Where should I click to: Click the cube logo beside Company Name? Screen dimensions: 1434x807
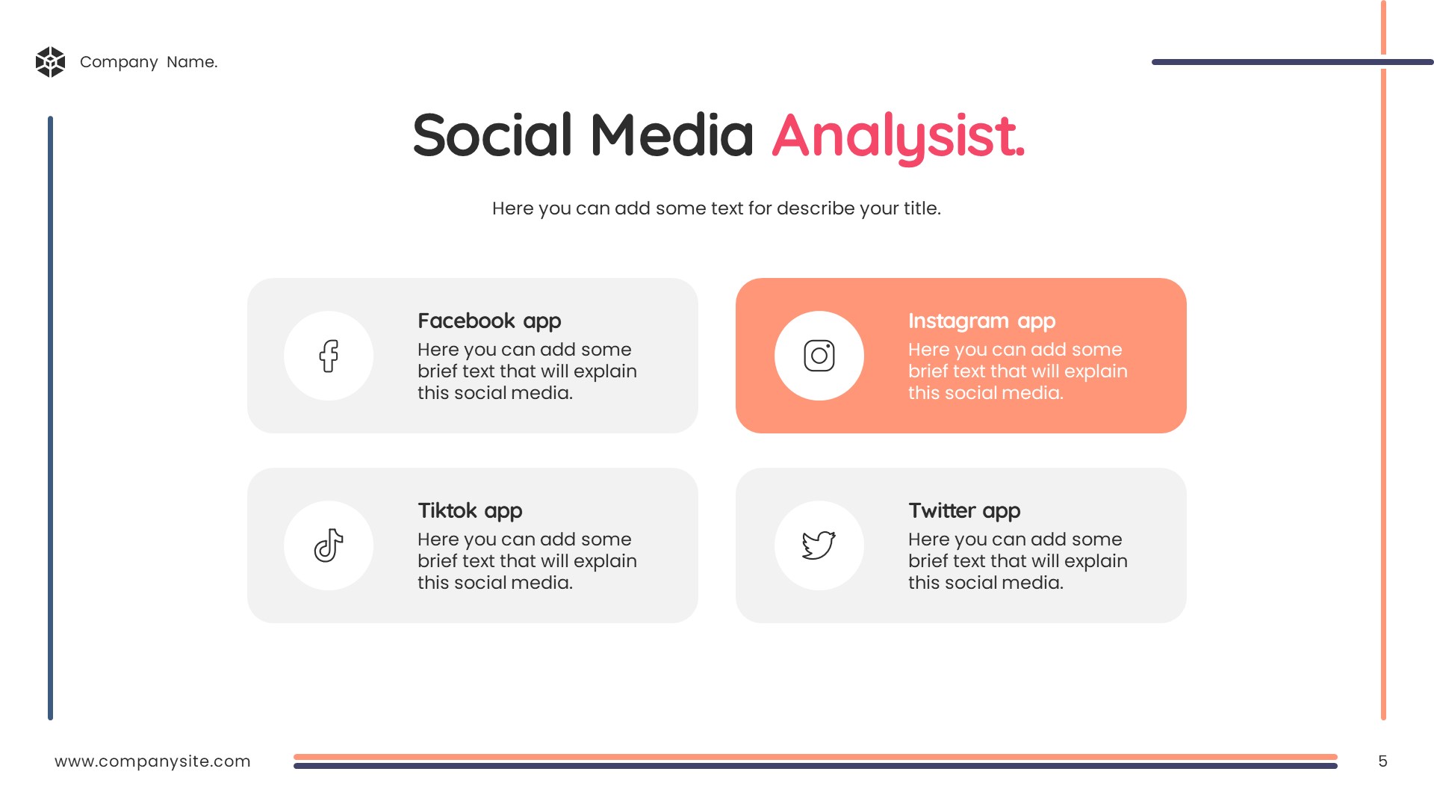pos(50,62)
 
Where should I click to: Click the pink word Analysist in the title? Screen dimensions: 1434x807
pos(898,137)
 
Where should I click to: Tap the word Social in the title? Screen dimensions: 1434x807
pos(492,135)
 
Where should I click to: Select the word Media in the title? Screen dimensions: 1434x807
pos(672,135)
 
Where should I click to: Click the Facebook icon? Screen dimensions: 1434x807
pos(329,356)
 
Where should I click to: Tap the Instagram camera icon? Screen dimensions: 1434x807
pos(819,356)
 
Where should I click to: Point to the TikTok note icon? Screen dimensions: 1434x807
pos(329,545)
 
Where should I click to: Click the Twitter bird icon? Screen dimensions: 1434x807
pos(819,545)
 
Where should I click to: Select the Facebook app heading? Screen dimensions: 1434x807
pos(489,321)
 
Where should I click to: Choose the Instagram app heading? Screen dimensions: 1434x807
pos(981,321)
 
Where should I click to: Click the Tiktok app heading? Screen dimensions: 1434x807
pos(470,511)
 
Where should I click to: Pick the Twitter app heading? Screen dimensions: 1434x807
pos(964,511)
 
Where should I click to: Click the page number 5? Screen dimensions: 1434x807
pos(1382,761)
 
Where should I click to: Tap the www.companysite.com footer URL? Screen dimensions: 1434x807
pos(152,761)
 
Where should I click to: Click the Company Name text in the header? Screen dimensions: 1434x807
pos(149,62)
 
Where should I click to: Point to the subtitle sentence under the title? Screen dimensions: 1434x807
pos(716,208)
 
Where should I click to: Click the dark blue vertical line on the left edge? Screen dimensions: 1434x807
pos(51,418)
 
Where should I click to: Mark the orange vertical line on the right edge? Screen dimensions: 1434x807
pos(1383,360)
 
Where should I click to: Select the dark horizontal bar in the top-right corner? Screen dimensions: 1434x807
pos(1293,62)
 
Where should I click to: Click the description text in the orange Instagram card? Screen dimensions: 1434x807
pos(1018,371)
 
